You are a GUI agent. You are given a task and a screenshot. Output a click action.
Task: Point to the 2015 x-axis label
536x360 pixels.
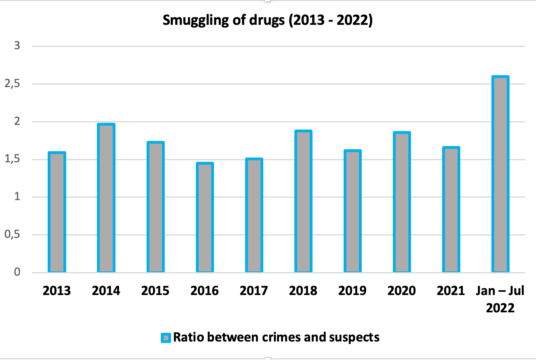point(155,291)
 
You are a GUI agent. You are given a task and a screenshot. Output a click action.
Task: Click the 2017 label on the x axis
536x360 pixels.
point(254,291)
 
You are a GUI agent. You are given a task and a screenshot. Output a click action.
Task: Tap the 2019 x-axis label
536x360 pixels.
point(352,291)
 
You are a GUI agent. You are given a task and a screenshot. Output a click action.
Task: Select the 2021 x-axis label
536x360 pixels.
point(451,291)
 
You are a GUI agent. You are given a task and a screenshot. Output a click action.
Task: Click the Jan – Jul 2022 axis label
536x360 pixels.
point(500,299)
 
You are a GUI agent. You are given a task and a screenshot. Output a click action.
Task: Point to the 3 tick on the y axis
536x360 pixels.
point(17,46)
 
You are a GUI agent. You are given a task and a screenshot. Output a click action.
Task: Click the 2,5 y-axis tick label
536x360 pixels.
point(12,84)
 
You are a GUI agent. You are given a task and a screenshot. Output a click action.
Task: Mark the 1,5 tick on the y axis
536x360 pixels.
point(12,159)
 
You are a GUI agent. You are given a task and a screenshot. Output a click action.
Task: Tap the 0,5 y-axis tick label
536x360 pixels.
point(12,235)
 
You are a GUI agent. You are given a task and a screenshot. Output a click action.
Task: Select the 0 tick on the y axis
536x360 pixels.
point(17,272)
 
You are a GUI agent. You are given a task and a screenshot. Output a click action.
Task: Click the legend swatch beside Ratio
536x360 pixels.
point(166,338)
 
